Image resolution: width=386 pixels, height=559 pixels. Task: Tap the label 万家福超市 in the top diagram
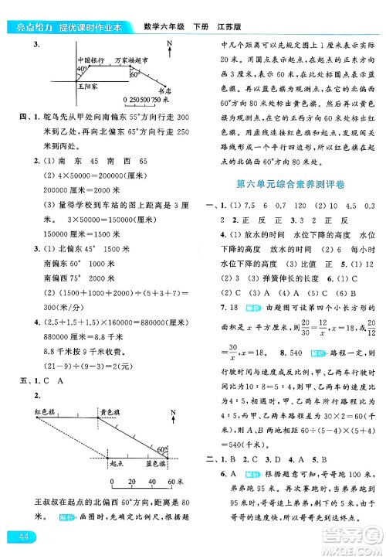pos(128,59)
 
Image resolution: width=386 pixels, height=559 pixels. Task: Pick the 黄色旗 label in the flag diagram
pos(107,414)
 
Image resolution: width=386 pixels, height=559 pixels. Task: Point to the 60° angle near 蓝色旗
pos(161,448)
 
